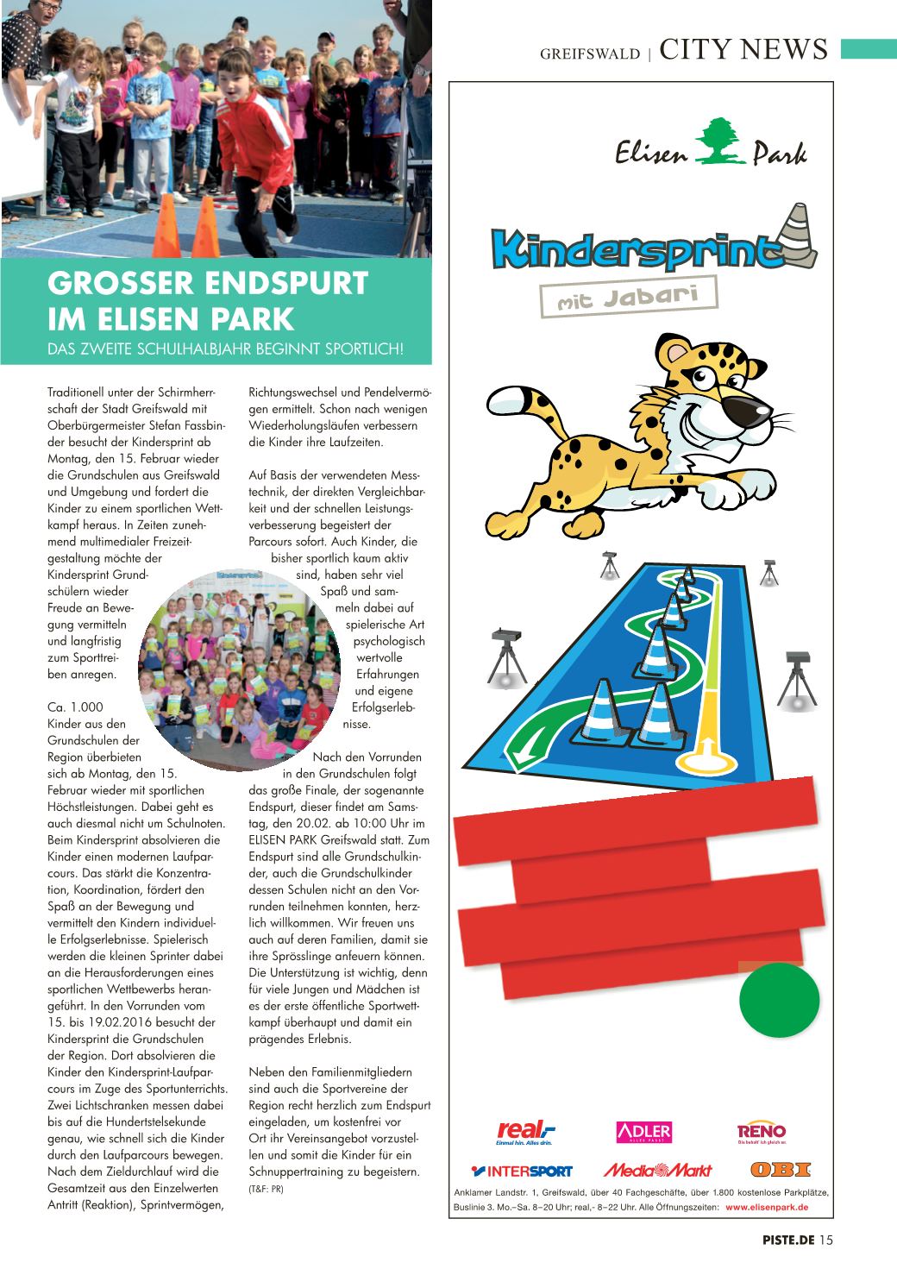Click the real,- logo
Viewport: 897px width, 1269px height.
(524, 1130)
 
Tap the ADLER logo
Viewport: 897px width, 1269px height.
(643, 1132)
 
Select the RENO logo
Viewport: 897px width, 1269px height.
(761, 1131)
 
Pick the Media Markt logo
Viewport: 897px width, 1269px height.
(657, 1171)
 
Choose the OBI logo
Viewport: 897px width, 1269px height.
(781, 1170)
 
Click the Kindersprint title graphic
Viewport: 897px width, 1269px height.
(633, 247)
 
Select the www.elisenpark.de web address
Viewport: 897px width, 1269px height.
(772, 1207)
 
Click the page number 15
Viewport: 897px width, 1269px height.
(826, 1241)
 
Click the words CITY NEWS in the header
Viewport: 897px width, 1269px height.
(743, 50)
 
